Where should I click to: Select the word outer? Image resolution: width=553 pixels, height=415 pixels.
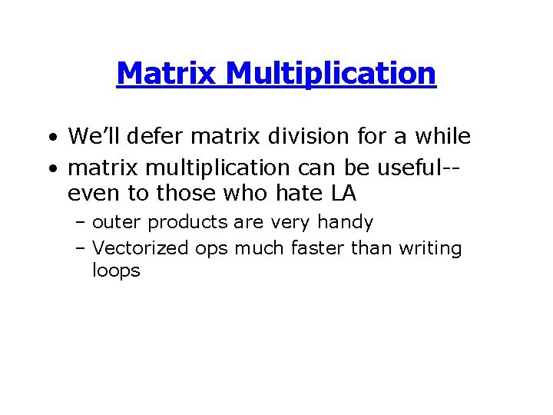pos(117,223)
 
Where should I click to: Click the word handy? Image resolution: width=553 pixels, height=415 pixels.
pos(346,224)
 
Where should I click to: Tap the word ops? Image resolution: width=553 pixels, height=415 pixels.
pos(212,250)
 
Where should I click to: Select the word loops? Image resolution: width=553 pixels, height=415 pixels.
pos(116,271)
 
